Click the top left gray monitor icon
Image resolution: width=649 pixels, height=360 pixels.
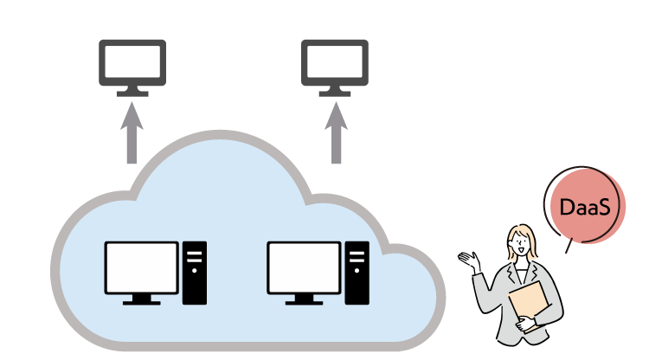[132, 62]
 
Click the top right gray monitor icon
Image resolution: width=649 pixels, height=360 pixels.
[335, 62]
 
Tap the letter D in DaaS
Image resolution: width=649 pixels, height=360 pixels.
[567, 208]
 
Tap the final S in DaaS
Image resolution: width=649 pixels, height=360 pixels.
[604, 208]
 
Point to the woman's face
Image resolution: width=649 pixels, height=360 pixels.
[520, 247]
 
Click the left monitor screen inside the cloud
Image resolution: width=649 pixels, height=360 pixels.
[141, 267]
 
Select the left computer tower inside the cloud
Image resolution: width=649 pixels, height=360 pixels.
[195, 273]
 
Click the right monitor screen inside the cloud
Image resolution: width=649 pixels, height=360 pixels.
[304, 267]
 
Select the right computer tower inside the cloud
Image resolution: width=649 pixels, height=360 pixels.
[357, 273]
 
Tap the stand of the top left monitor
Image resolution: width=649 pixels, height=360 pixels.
[132, 91]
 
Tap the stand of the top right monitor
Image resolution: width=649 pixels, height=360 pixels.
[335, 91]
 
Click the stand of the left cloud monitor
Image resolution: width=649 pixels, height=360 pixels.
[141, 300]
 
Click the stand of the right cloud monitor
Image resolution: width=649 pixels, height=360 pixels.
[304, 300]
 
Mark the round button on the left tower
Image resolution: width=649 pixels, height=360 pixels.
[195, 270]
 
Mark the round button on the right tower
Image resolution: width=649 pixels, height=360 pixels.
[357, 270]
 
